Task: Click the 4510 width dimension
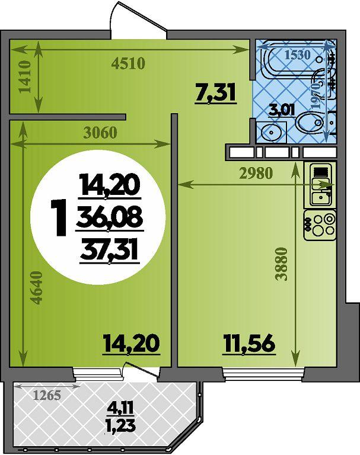[x=128, y=63]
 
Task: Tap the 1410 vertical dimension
[x=26, y=76]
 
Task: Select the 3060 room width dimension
[x=100, y=133]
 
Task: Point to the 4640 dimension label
[x=37, y=287]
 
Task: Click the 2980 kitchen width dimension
[x=256, y=173]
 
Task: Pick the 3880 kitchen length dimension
[x=282, y=264]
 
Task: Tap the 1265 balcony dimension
[x=47, y=395]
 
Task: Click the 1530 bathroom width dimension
[x=298, y=55]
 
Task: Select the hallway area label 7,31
[x=215, y=93]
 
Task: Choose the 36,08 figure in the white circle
[x=109, y=217]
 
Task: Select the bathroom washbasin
[x=271, y=132]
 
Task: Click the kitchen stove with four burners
[x=320, y=226]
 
